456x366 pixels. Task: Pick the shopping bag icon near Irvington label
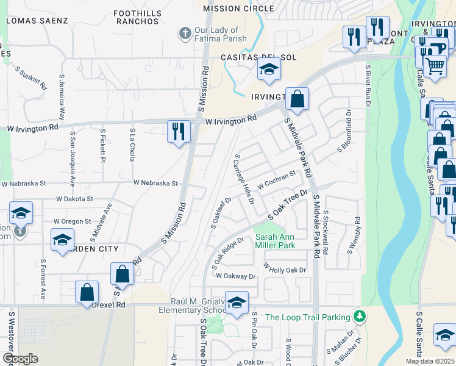click(297, 100)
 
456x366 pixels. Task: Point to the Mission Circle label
click(238, 9)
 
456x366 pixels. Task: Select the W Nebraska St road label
click(155, 183)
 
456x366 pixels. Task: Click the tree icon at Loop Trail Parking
click(360, 317)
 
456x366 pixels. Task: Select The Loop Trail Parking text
click(308, 317)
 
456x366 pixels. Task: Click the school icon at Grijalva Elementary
click(236, 301)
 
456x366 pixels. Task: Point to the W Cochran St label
click(276, 179)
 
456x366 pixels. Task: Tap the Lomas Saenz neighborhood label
click(37, 20)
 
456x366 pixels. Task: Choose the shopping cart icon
click(435, 65)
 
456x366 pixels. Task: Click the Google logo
click(20, 359)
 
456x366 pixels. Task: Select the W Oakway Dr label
click(236, 276)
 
